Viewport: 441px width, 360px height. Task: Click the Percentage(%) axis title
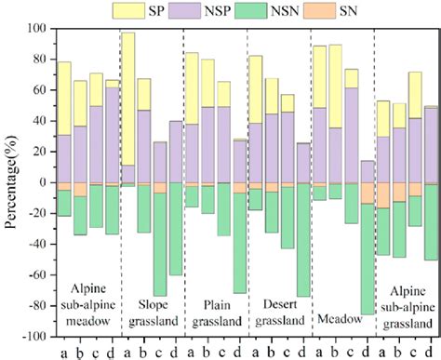(x=10, y=182)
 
